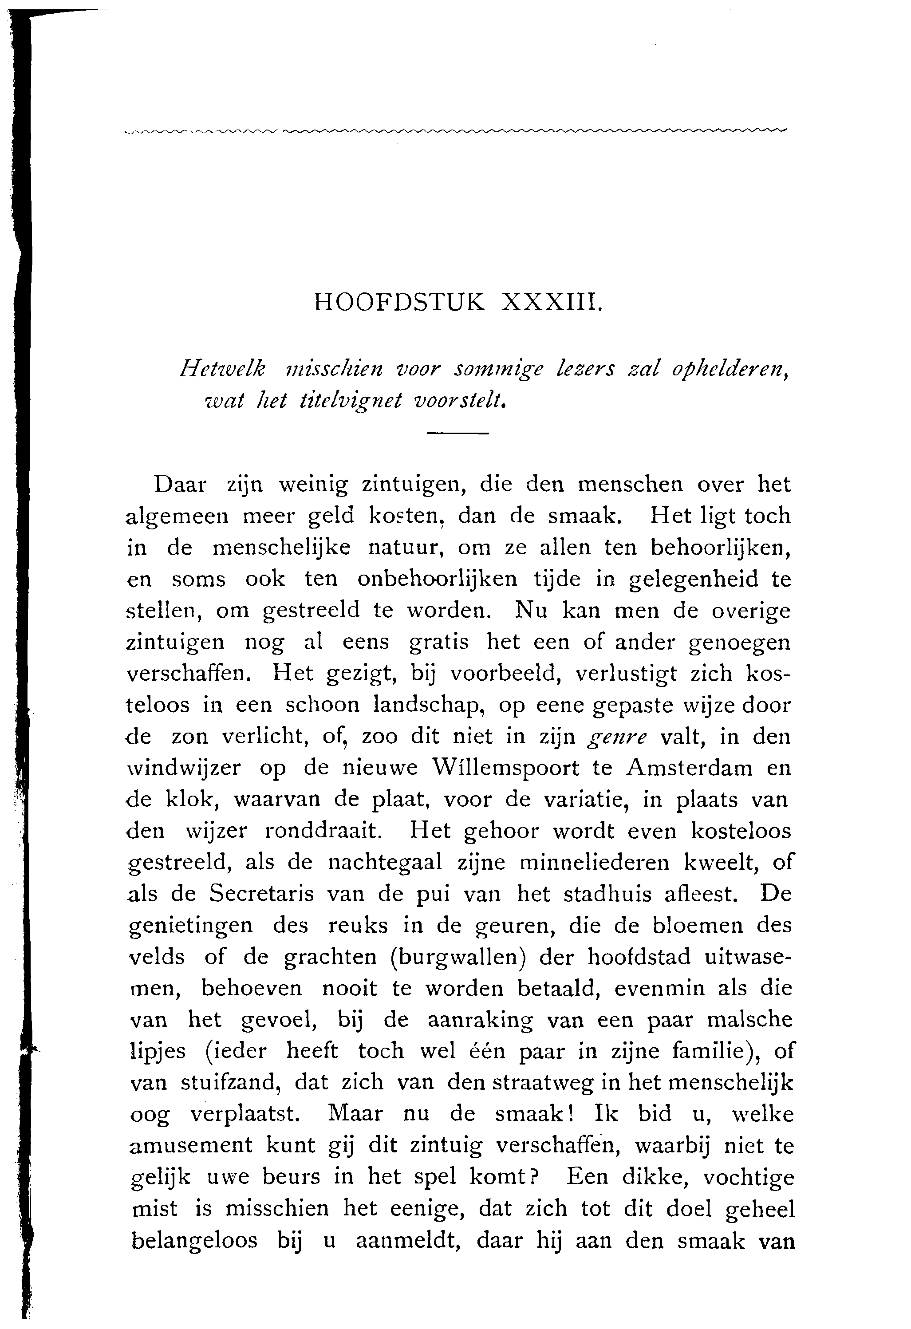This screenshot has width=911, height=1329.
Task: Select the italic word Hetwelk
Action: [x=222, y=370]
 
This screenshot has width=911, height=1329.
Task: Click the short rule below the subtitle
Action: [x=457, y=434]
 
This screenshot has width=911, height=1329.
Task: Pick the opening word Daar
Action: [x=180, y=485]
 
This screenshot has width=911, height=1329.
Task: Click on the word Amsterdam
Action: [x=690, y=767]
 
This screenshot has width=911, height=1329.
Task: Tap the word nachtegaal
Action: [x=385, y=862]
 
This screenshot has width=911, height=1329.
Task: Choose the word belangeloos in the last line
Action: [x=194, y=1240]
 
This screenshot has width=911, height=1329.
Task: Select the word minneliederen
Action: [x=595, y=862]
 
